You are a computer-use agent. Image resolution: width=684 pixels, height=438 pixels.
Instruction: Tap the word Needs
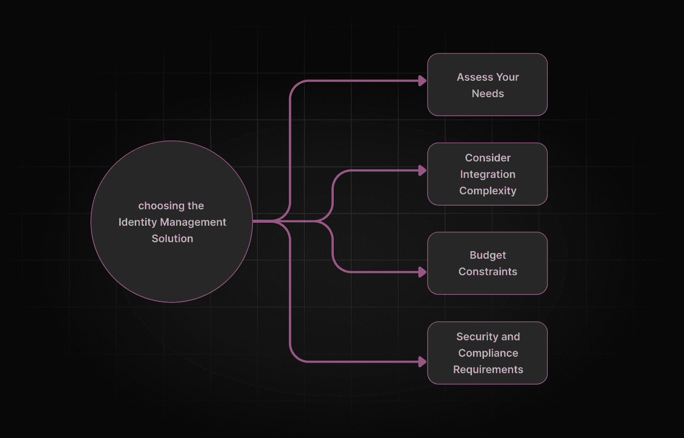coord(487,94)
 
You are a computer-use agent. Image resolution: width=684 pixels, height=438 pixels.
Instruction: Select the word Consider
coord(487,158)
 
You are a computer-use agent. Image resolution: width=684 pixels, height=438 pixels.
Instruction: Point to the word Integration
coord(487,174)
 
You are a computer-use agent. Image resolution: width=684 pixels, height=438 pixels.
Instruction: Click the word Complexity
coord(487,191)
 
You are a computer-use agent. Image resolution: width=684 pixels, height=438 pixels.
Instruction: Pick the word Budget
coord(487,255)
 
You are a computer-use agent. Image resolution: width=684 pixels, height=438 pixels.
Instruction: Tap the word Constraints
coord(487,272)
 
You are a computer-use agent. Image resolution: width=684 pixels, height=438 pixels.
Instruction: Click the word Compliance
coord(488,353)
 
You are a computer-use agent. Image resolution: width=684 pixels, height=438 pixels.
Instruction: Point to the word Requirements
coord(488,370)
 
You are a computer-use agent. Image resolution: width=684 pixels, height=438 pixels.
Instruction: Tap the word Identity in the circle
coord(137,222)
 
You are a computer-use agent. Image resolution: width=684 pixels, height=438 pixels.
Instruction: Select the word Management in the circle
coord(193,222)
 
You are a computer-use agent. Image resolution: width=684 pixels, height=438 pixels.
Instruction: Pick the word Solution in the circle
coord(172,239)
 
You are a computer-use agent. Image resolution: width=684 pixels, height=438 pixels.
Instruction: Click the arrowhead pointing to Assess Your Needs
coord(422,81)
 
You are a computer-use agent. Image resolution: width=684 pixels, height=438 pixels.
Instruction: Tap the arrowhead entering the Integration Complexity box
coord(422,170)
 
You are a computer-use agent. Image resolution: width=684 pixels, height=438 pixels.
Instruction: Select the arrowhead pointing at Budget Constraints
coord(422,272)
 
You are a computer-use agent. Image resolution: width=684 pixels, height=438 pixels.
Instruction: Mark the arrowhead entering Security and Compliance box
coord(422,362)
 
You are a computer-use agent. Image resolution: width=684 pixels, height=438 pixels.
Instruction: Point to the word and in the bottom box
coord(510,337)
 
